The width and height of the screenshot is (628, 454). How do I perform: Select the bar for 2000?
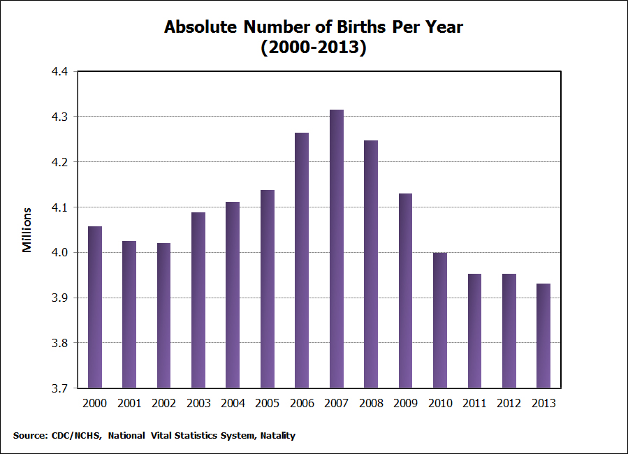click(x=95, y=307)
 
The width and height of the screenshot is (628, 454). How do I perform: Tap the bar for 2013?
click(x=543, y=336)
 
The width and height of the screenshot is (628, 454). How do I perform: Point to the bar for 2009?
click(x=405, y=291)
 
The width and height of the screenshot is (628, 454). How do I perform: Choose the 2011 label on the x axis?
click(x=474, y=404)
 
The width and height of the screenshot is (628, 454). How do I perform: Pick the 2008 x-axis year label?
click(x=371, y=404)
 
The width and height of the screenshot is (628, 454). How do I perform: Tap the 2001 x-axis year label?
click(x=129, y=404)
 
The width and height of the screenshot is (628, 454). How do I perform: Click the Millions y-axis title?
click(x=27, y=230)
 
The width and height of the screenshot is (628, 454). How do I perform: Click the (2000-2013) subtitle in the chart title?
click(x=314, y=48)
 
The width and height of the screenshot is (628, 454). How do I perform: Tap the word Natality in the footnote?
click(x=277, y=436)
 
